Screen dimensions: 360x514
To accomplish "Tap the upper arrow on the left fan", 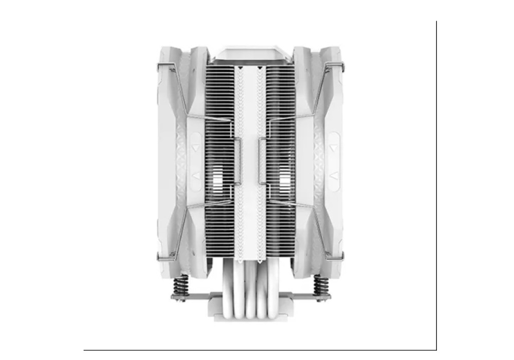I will tap(196, 147).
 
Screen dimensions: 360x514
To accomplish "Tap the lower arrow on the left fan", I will tap(196, 176).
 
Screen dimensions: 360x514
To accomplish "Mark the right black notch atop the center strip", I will tap(260, 68).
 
